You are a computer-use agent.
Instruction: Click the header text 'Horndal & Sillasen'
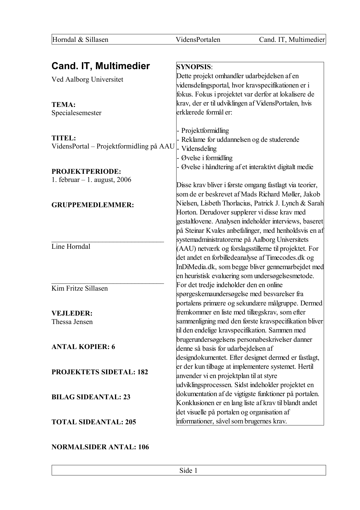pyautogui.click(x=80, y=40)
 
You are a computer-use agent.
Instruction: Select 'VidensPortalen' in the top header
pyautogui.click(x=198, y=40)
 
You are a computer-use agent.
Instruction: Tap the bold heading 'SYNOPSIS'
pyautogui.click(x=194, y=67)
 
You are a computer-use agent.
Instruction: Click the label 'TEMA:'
pyautogui.click(x=64, y=105)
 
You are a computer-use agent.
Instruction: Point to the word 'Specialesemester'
pyautogui.click(x=76, y=113)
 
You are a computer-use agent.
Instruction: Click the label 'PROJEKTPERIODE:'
pyautogui.click(x=86, y=171)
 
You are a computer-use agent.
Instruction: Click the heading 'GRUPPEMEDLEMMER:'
pyautogui.click(x=93, y=205)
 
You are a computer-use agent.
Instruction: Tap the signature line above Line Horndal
pyautogui.click(x=107, y=241)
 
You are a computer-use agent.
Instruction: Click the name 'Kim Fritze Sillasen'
pyautogui.click(x=80, y=288)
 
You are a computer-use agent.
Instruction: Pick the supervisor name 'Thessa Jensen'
pyautogui.click(x=72, y=322)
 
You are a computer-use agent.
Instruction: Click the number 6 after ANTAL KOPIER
pyautogui.click(x=113, y=347)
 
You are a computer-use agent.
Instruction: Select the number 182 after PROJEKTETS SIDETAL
pyautogui.click(x=143, y=372)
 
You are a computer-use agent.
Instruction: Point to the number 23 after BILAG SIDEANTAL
pyautogui.click(x=127, y=397)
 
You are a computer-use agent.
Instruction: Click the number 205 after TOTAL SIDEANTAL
pyautogui.click(x=131, y=422)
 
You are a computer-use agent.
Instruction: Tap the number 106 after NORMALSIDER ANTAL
pyautogui.click(x=143, y=447)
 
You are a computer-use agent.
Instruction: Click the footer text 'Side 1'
pyautogui.click(x=188, y=470)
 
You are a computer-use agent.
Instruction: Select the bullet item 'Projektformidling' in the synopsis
pyautogui.click(x=205, y=130)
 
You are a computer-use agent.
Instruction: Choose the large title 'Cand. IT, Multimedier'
pyautogui.click(x=101, y=66)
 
